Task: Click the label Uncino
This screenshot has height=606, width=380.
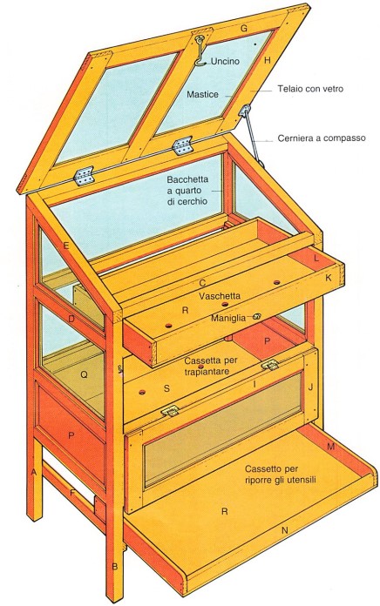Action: [x=225, y=61]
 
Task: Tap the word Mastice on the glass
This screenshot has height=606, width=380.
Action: [x=202, y=94]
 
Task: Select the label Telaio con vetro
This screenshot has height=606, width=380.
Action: [x=310, y=89]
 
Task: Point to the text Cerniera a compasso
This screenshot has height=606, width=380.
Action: [x=322, y=138]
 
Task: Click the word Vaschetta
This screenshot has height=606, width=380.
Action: [x=220, y=296]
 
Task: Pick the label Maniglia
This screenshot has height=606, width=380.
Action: [x=228, y=318]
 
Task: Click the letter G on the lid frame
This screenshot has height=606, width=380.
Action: [x=244, y=28]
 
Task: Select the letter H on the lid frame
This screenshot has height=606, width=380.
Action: [x=267, y=60]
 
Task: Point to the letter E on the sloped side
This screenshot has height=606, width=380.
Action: [x=66, y=246]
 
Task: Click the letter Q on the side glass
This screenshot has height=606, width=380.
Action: [x=84, y=374]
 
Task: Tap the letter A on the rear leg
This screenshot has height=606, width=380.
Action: [x=34, y=472]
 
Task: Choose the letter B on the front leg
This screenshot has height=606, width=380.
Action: [x=114, y=567]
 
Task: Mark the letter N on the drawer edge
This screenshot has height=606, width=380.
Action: [x=284, y=530]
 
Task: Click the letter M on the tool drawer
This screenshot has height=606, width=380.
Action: [x=330, y=447]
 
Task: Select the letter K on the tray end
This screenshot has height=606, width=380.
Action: [x=329, y=278]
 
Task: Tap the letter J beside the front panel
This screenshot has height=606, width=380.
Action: [x=310, y=386]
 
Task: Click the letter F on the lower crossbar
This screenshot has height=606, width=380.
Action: [x=72, y=493]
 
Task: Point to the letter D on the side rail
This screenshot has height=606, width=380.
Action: [x=71, y=320]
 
